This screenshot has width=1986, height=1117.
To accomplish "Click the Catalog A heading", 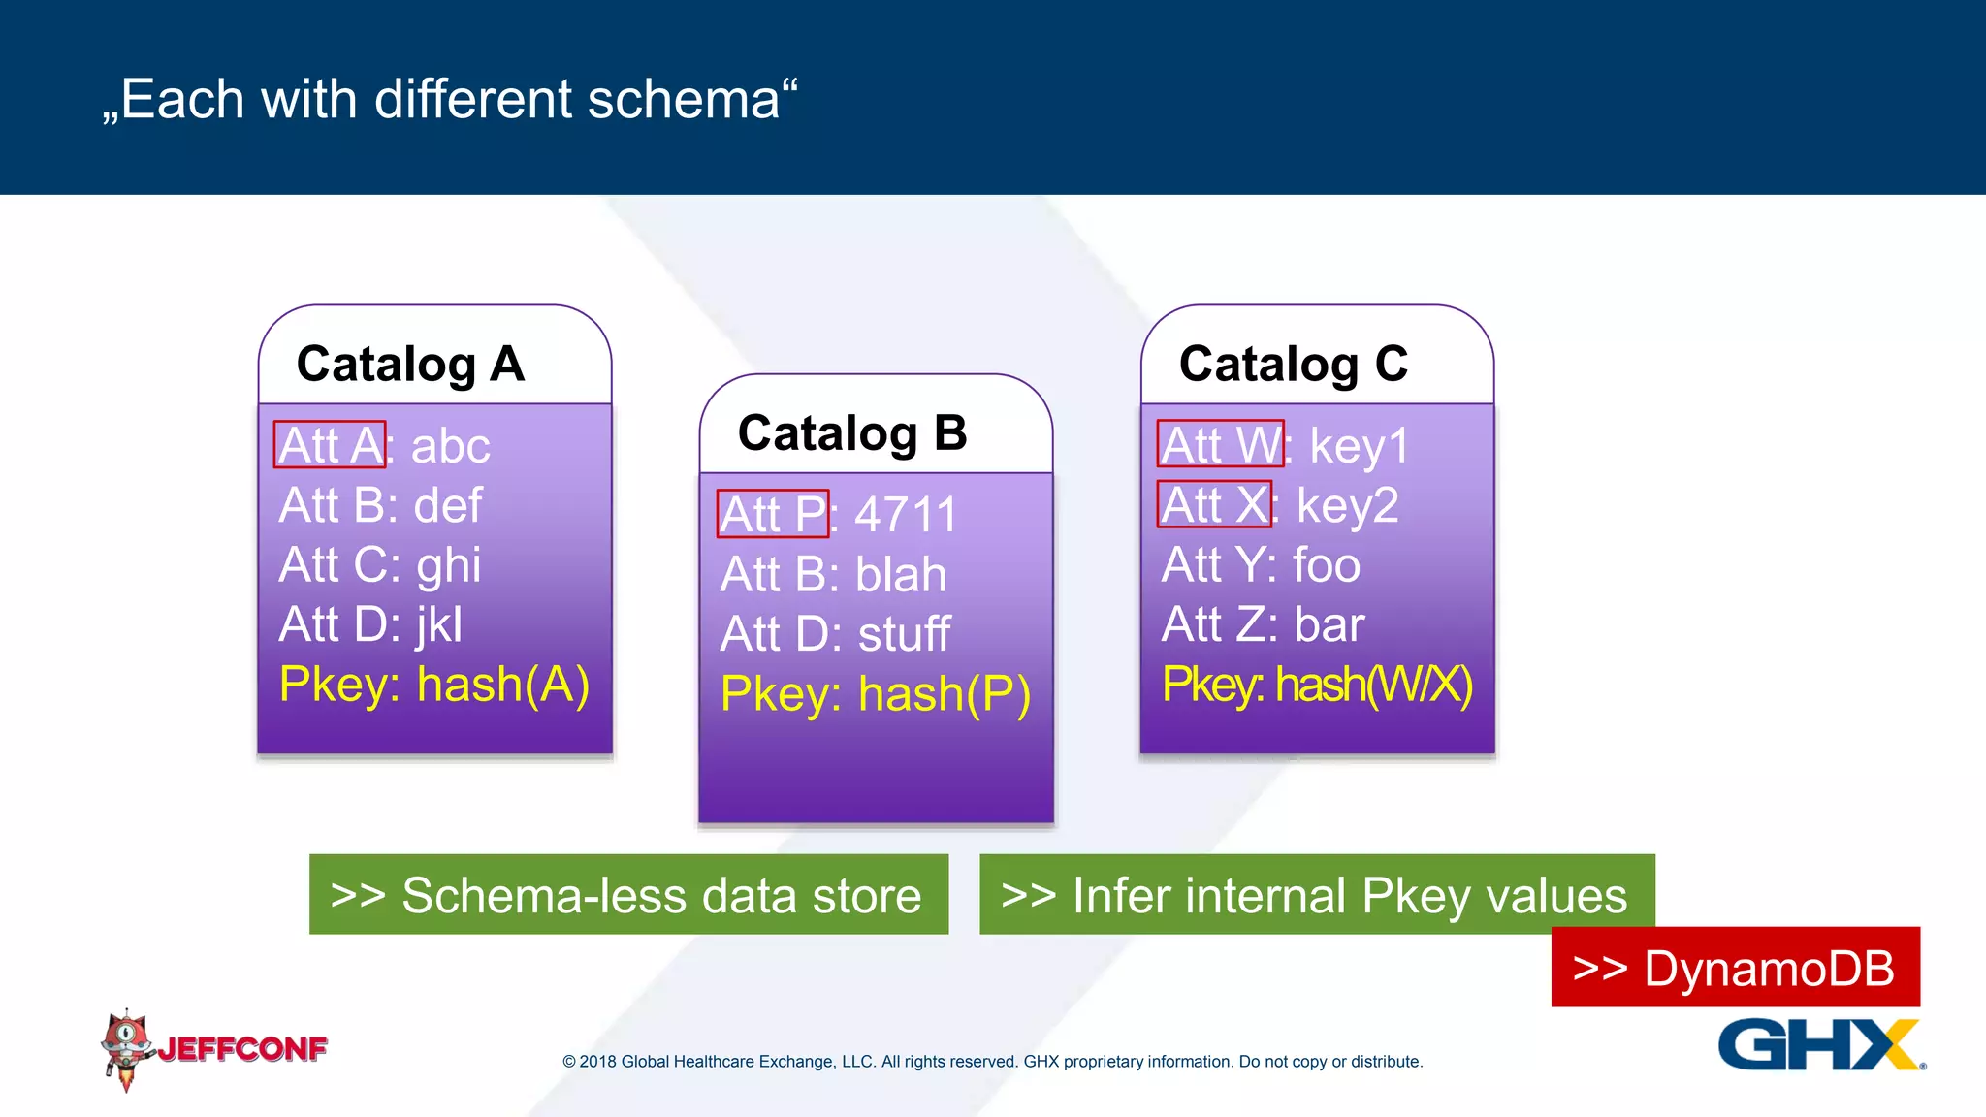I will click(x=410, y=365).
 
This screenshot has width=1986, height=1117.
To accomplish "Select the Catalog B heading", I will click(x=851, y=433).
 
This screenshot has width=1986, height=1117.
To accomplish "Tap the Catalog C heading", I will click(x=1293, y=365).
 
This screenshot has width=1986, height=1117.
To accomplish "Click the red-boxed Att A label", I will click(x=330, y=445).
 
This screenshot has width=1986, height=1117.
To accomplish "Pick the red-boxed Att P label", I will click(x=772, y=514).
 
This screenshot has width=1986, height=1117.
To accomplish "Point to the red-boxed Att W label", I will click(x=1220, y=445).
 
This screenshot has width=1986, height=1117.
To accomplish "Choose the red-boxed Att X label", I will click(x=1214, y=504).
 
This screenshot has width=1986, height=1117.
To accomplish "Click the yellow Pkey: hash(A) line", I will click(x=433, y=685).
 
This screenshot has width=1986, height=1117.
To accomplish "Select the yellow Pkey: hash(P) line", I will click(x=875, y=694).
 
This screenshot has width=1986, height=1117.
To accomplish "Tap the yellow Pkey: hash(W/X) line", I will click(x=1316, y=685).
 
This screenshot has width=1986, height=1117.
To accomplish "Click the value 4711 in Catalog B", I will click(x=906, y=514).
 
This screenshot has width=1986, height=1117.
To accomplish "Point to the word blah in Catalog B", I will click(x=901, y=575).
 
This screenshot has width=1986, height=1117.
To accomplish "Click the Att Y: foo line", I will click(x=1260, y=565).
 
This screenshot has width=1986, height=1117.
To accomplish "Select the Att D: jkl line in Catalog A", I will click(x=370, y=624).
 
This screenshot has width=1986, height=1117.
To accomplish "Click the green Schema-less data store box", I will click(x=628, y=894).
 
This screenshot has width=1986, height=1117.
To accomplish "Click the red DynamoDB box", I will click(x=1734, y=968).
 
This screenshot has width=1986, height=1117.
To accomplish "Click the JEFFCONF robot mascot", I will click(x=126, y=1048).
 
